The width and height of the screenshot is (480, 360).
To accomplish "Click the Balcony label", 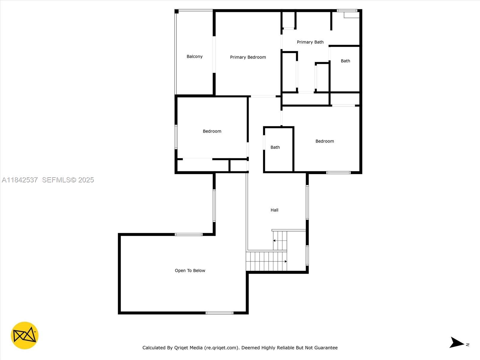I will [x=194, y=56].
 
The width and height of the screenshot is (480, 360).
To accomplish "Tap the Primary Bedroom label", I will [x=248, y=57].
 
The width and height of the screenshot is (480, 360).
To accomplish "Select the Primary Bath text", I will [x=310, y=42].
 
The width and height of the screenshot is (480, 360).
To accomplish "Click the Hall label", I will [x=274, y=210].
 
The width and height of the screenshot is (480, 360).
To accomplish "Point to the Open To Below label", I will [x=190, y=271].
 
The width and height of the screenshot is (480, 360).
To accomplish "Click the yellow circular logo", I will [x=25, y=335].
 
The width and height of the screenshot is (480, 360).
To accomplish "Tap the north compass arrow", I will [x=457, y=343].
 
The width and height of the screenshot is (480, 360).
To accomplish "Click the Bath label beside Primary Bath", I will [x=345, y=61].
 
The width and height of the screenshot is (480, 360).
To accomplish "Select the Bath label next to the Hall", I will [x=275, y=147].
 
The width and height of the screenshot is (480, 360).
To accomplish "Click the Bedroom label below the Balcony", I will [x=212, y=131].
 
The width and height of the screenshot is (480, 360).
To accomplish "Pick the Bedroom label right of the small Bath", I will [x=325, y=141].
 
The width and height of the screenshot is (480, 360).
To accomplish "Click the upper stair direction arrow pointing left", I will [x=274, y=241].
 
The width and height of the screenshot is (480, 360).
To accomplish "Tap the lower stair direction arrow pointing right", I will [x=285, y=262].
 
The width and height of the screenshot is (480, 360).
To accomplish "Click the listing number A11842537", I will [x=20, y=180].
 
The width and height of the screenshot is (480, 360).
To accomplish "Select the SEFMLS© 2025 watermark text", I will [x=68, y=180].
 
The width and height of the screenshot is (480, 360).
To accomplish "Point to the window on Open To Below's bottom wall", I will [x=220, y=313].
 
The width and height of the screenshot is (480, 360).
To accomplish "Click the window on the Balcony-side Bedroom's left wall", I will [x=176, y=137].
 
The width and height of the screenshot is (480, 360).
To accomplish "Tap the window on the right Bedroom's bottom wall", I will [x=338, y=172].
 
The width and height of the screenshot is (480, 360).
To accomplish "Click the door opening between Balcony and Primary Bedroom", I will [x=214, y=54].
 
